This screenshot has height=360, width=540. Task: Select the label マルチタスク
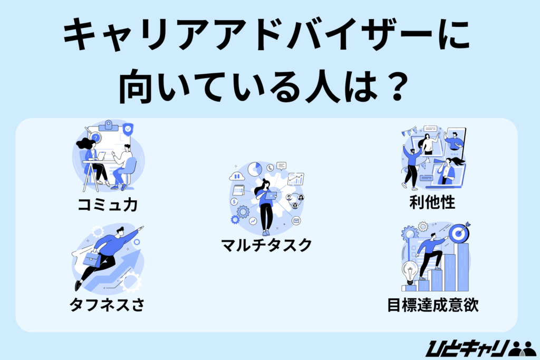point(266,245)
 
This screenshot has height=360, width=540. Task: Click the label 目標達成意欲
point(432,305)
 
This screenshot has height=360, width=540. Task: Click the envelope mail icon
point(296,220)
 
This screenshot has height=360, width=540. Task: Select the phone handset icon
point(270,168)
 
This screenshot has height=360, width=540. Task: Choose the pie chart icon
point(255,169)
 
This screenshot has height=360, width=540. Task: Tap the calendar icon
point(238,190)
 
